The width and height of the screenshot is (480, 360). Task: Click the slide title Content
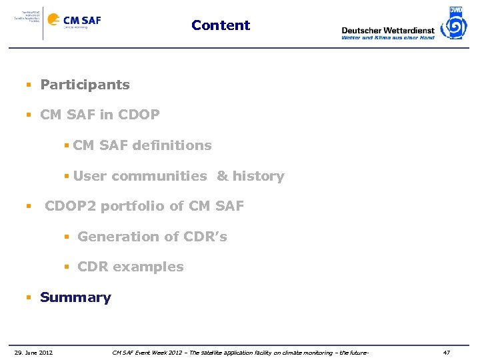[x=221, y=25]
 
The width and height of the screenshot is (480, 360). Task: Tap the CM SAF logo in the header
[x=75, y=21]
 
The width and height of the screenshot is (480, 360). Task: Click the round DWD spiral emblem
[x=456, y=26]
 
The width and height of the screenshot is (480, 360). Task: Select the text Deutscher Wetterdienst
[x=387, y=30]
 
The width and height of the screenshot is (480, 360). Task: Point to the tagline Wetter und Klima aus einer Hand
[x=387, y=38]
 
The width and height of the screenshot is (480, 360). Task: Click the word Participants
[x=85, y=85]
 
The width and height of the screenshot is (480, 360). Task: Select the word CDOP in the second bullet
[x=139, y=115]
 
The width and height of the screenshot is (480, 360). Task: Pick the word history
[x=258, y=177]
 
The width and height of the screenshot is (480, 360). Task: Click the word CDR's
[x=205, y=237]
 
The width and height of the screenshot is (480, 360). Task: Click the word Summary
[x=75, y=297]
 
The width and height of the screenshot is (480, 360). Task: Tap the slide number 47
[x=447, y=352]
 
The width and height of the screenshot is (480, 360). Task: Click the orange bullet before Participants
[x=29, y=85]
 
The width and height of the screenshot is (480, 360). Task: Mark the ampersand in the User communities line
[x=222, y=177]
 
